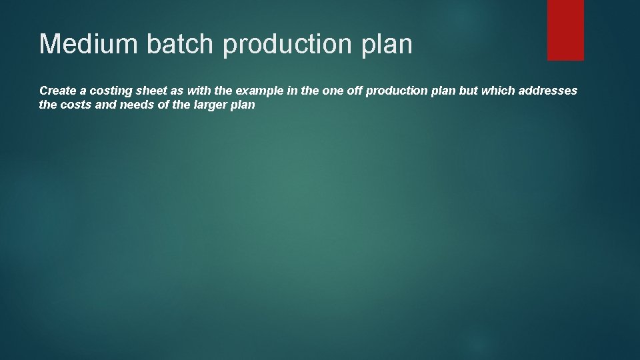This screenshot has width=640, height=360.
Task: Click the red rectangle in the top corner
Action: click(565, 30)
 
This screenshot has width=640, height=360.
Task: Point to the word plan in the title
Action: click(391, 45)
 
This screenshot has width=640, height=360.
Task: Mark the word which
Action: click(497, 90)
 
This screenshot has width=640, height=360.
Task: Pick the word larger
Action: click(206, 105)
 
